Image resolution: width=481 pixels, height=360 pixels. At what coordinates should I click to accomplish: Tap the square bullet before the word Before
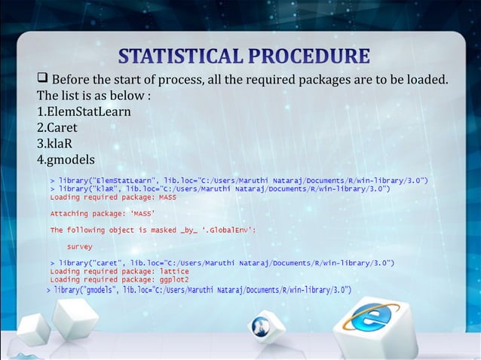(x=42, y=80)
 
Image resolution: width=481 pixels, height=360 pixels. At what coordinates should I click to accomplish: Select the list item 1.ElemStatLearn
(x=84, y=111)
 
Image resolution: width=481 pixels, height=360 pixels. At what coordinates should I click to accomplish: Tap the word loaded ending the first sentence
(x=424, y=80)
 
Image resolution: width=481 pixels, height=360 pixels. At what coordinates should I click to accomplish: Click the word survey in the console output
(x=80, y=246)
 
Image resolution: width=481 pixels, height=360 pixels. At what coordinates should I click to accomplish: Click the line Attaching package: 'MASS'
(x=102, y=213)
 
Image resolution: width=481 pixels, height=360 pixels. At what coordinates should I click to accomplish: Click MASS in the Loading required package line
(x=167, y=197)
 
